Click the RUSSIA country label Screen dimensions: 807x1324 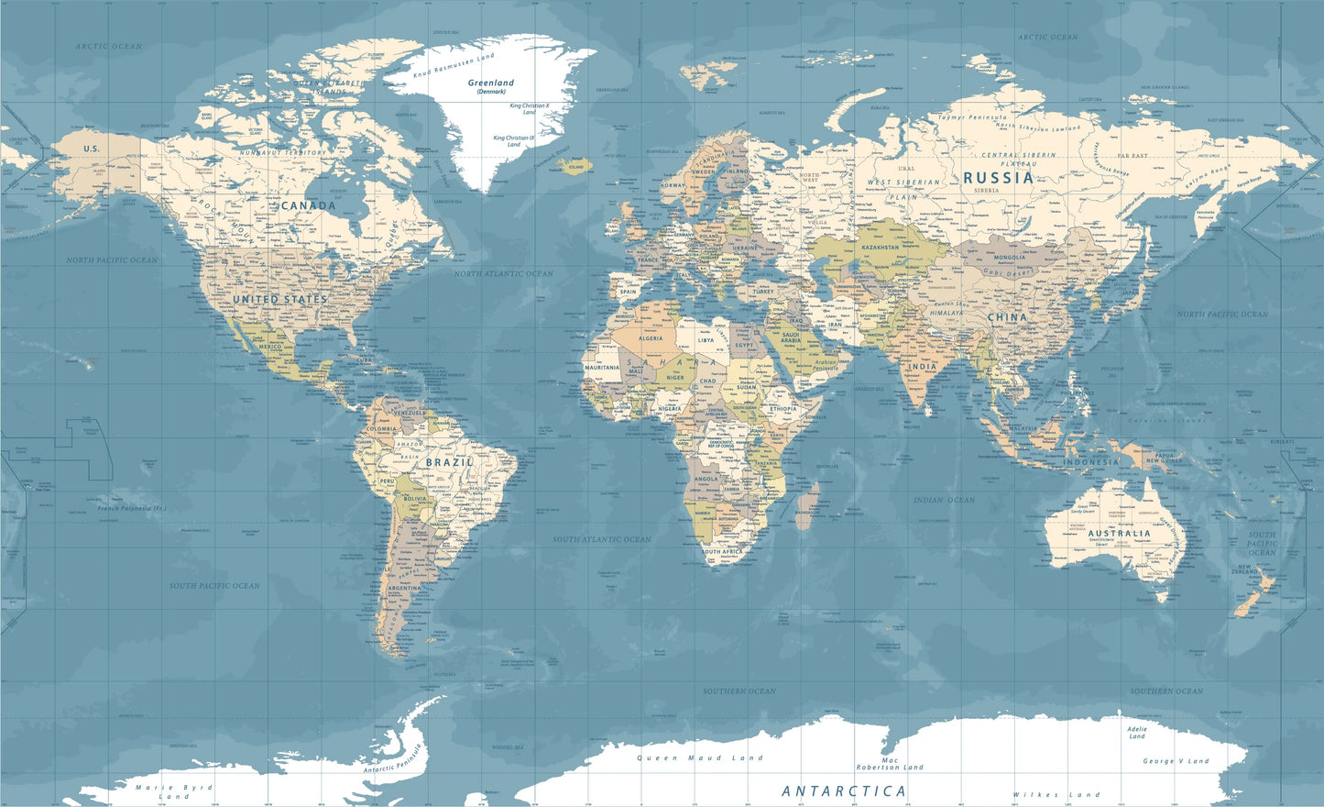point(998,178)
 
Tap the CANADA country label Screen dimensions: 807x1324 point(308,205)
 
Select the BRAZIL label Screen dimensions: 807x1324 point(449,463)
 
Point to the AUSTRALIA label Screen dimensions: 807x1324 point(1120,533)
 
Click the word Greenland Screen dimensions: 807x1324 point(491,83)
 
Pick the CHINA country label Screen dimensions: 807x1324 point(1007,317)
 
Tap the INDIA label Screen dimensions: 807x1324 point(922,366)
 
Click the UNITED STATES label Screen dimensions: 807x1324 point(279,300)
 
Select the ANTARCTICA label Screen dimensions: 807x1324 point(844,790)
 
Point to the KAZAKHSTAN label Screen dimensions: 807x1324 point(880,248)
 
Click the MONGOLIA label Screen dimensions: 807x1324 point(1009,258)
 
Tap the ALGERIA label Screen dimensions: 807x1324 point(650,338)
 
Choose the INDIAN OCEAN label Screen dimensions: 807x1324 point(944,500)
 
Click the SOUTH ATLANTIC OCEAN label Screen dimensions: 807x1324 point(601,539)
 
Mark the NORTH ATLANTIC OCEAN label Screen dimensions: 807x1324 point(503,273)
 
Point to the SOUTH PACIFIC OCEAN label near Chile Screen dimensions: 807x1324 point(214,585)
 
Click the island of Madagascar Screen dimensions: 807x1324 point(806,506)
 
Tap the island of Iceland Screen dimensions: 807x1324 point(575,167)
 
